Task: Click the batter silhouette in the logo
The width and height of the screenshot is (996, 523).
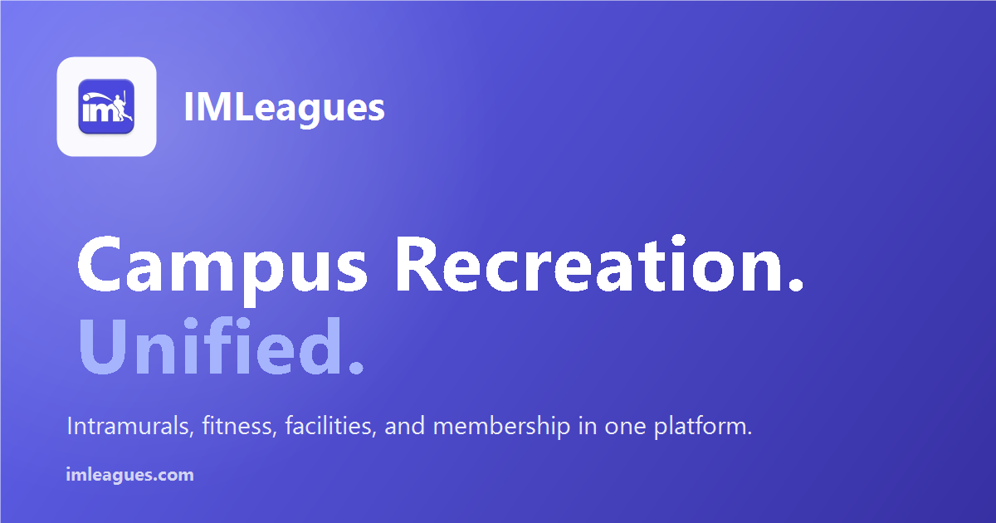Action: click(x=120, y=108)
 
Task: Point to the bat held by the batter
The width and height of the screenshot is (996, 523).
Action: click(x=125, y=98)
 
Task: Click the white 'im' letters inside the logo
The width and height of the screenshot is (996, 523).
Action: click(x=98, y=111)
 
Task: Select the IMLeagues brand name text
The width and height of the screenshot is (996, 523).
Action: click(x=284, y=107)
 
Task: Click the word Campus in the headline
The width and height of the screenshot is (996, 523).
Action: click(x=222, y=266)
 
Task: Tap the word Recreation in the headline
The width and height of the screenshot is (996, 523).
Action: click(x=588, y=264)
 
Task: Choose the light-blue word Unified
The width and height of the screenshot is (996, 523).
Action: click(x=210, y=345)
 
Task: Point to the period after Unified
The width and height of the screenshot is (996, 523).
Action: click(x=356, y=367)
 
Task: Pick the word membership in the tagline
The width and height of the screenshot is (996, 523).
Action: click(x=501, y=426)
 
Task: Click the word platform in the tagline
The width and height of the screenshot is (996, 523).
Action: click(x=699, y=427)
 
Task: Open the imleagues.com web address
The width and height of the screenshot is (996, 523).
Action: click(x=129, y=475)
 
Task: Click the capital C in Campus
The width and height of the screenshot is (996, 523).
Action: click(x=99, y=264)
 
